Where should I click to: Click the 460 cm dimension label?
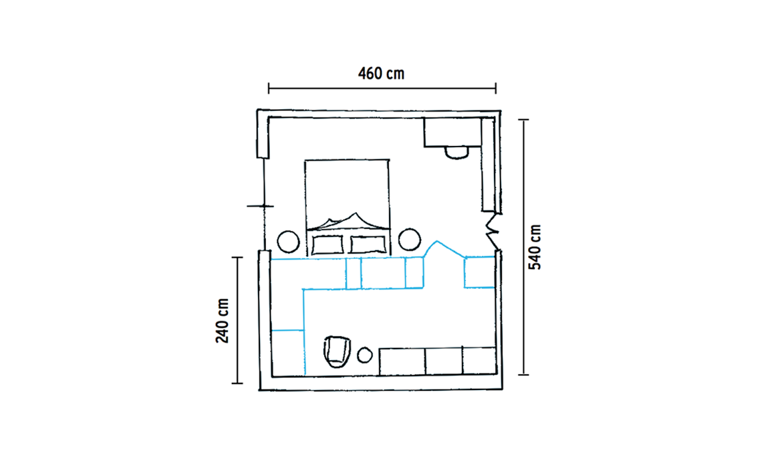point(381,74)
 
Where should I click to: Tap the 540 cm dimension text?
point(535,247)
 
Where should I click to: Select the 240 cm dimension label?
point(223,321)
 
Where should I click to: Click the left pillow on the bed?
point(328,245)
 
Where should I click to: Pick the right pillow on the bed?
point(368,245)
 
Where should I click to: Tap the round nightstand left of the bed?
point(288,242)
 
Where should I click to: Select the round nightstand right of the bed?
point(410,240)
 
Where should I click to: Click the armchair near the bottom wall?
point(337,351)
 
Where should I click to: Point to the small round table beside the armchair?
point(365,355)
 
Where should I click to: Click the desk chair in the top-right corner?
point(457,153)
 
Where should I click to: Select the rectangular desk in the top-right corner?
point(453,132)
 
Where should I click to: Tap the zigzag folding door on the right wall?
point(493,231)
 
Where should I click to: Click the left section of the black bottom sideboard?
point(402,361)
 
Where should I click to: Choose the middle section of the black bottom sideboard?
point(444,361)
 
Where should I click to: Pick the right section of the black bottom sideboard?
point(479,361)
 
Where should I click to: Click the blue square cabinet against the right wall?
point(480,272)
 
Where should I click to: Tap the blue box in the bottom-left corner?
point(288,353)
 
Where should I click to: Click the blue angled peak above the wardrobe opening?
point(437,242)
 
